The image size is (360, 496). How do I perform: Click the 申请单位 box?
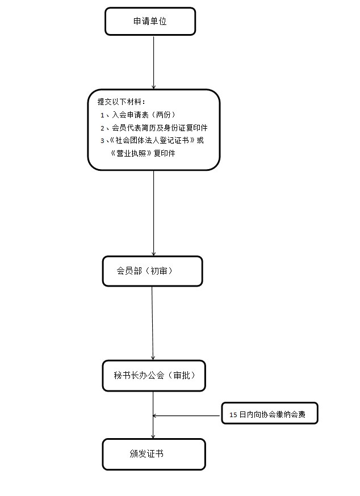point(150,21)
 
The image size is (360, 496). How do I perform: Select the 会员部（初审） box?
point(152,271)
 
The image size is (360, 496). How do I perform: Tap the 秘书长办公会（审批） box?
point(154,376)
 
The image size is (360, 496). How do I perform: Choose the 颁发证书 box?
point(154,454)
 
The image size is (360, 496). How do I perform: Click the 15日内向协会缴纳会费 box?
point(270,413)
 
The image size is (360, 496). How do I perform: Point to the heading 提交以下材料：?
point(122,102)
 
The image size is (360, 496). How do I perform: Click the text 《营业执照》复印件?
point(143,153)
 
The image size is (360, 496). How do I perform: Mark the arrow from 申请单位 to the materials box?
point(153,62)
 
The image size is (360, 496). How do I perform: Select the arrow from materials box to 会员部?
point(153,213)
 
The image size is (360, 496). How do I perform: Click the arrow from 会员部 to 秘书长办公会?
point(152,323)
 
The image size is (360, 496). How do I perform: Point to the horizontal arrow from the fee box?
point(186,415)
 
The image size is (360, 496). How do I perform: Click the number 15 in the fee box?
point(233,415)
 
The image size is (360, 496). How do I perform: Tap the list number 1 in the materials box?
point(102,115)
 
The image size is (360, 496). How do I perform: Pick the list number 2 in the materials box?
point(102,128)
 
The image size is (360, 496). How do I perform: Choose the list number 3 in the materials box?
point(102,141)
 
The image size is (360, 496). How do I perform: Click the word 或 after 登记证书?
point(200,140)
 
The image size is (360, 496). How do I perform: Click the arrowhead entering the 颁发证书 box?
point(153,436)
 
